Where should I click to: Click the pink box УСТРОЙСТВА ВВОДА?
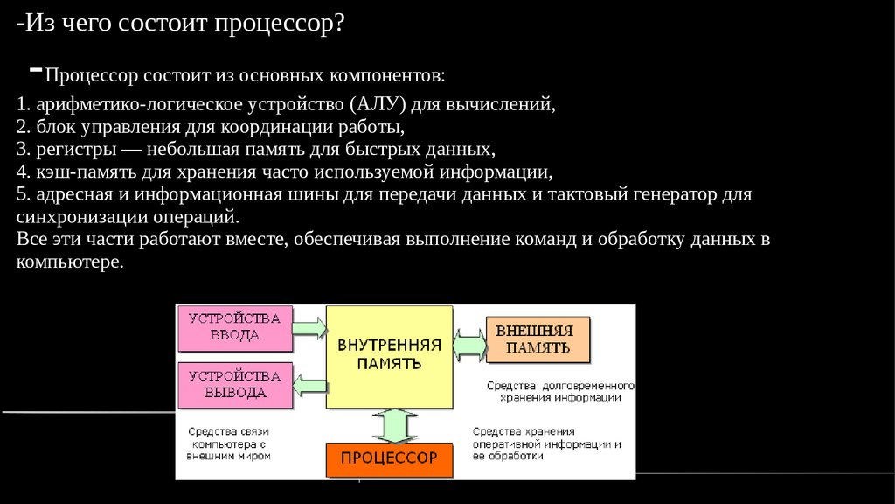click(235, 326)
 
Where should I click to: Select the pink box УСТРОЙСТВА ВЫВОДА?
click(235, 384)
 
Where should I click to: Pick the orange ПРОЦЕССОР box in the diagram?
click(389, 458)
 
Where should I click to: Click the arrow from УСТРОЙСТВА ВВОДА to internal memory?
click(308, 328)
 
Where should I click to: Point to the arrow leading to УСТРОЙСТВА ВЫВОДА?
click(308, 382)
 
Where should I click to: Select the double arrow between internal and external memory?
click(470, 341)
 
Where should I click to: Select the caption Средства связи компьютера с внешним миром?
click(229, 444)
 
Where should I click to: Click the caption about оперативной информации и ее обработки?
click(546, 444)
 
